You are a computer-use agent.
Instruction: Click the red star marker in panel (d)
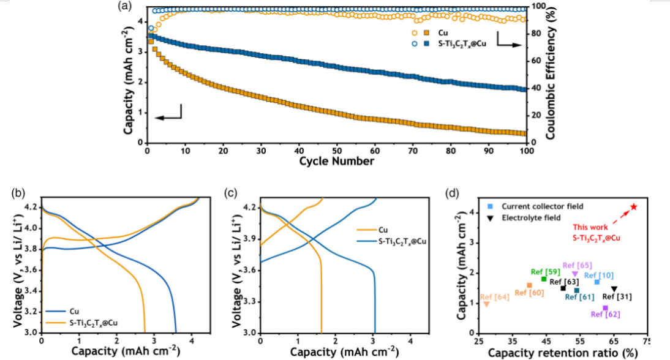[634, 207]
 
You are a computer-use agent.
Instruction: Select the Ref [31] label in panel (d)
[619, 297]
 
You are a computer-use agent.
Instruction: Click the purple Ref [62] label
[604, 315]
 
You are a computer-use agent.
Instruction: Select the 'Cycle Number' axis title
[337, 162]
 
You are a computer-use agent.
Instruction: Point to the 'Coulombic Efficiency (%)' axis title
[551, 73]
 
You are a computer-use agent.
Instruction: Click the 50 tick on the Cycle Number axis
[337, 151]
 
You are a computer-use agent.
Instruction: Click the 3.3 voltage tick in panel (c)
[249, 302]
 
